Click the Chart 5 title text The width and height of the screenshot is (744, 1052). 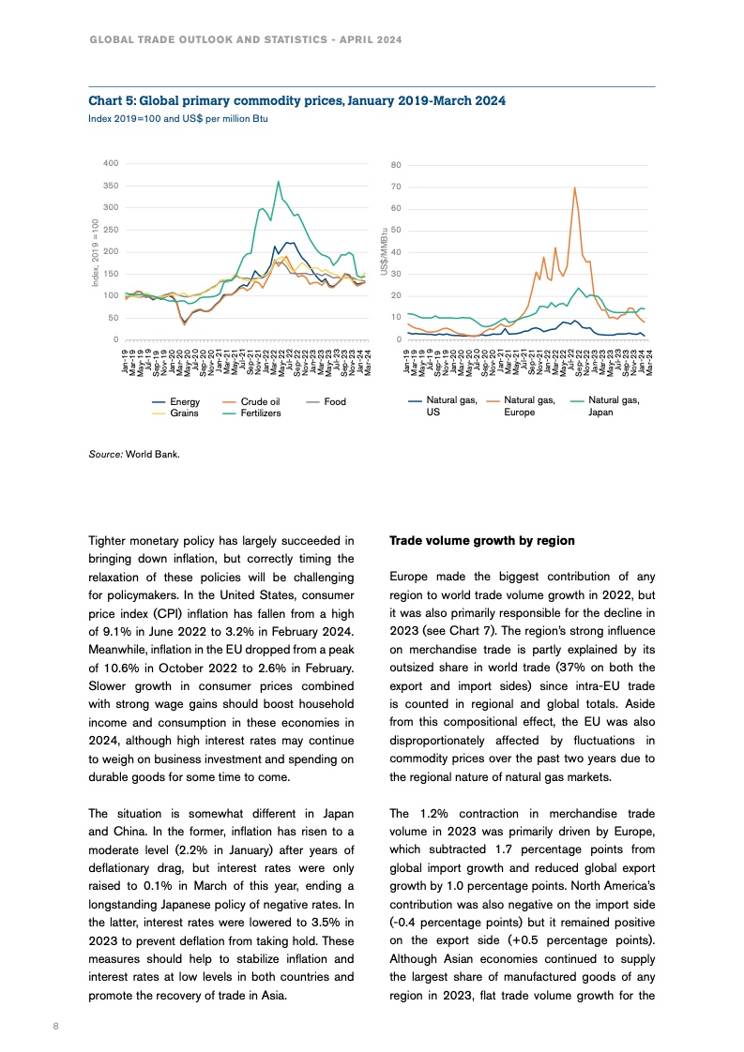(296, 100)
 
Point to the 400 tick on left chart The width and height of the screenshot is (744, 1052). (112, 164)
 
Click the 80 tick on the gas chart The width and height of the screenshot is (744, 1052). (396, 164)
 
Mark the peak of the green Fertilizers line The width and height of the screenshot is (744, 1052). (278, 181)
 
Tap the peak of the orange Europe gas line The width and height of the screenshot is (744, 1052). (574, 188)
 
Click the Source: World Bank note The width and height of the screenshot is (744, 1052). (134, 454)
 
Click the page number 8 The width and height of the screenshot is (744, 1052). (56, 1027)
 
